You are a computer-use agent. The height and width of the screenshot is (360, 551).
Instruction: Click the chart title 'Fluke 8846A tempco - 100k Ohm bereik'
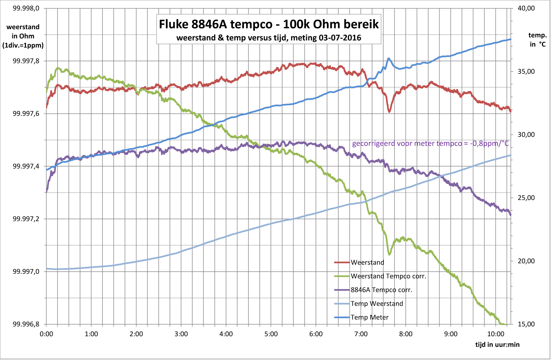(x=269, y=24)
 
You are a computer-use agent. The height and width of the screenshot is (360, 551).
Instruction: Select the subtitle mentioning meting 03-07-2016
(x=269, y=37)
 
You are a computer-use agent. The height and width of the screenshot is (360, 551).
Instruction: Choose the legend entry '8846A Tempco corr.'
(x=381, y=290)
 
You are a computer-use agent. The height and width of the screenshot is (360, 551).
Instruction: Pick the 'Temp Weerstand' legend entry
(x=376, y=304)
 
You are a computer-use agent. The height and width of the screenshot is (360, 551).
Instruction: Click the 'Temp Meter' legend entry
(x=369, y=317)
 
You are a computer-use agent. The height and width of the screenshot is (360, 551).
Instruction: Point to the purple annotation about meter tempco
(x=430, y=143)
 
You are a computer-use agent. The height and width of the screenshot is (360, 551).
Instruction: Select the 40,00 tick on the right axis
(x=526, y=8)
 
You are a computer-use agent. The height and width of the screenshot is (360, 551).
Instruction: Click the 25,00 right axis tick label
(x=526, y=198)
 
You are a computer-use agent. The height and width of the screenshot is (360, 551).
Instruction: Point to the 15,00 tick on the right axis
(x=526, y=324)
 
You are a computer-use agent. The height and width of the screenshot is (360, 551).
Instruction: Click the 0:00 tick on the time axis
(x=47, y=334)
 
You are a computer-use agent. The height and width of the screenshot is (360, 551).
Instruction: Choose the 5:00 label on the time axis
(x=271, y=334)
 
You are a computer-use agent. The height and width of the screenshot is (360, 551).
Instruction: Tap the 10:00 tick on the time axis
(x=495, y=334)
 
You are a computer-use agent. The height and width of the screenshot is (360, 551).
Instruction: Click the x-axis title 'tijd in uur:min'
(x=497, y=345)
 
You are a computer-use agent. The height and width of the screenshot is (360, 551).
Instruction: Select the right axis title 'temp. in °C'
(x=537, y=40)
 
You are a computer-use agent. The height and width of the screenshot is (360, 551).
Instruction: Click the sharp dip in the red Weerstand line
(x=389, y=111)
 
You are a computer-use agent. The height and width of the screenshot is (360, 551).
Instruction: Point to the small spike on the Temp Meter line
(x=388, y=58)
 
